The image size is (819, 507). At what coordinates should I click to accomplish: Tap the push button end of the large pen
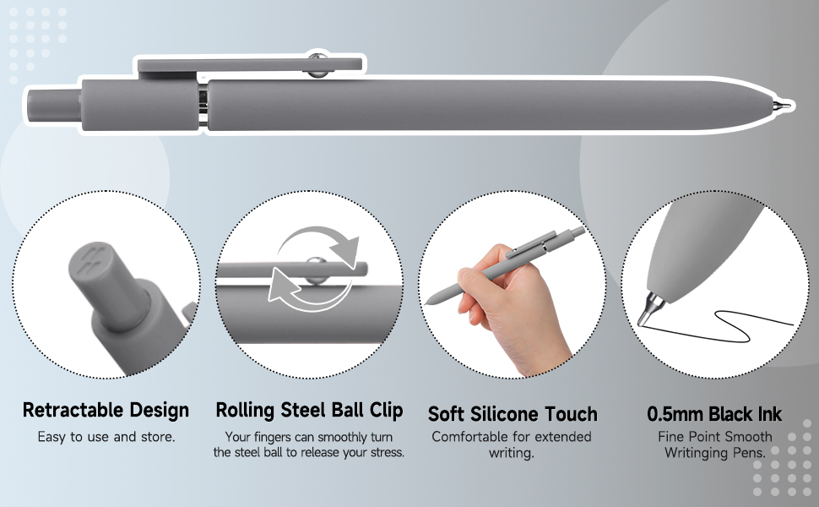pyautogui.click(x=52, y=105)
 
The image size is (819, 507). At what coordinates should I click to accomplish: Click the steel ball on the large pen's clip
pyautogui.click(x=317, y=65)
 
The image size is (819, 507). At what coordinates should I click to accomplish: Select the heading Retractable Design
pyautogui.click(x=106, y=411)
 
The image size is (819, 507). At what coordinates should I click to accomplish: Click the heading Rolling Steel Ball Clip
pyautogui.click(x=309, y=411)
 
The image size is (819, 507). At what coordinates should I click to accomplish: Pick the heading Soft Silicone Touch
pyautogui.click(x=513, y=414)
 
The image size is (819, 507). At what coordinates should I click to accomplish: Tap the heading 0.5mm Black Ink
pyautogui.click(x=714, y=414)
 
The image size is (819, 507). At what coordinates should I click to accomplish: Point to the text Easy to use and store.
pyautogui.click(x=106, y=437)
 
